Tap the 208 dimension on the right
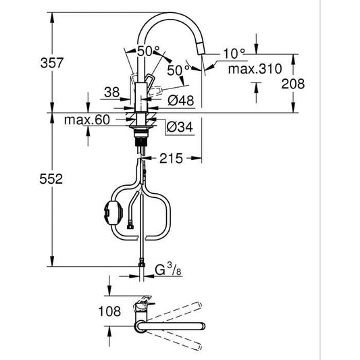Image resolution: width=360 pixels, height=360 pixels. click(x=293, y=84)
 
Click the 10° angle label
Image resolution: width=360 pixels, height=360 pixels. click(x=234, y=51)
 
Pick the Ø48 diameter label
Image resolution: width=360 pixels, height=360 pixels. click(x=180, y=101)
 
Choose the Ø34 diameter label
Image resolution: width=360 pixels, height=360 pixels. click(x=180, y=126)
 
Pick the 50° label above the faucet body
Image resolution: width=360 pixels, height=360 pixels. click(x=149, y=51)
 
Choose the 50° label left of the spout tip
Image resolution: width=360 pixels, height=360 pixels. click(x=177, y=70)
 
